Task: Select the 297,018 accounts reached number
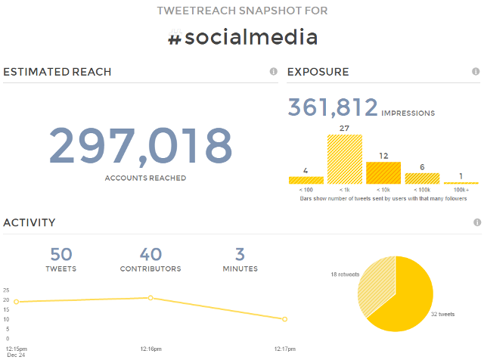tap(141, 146)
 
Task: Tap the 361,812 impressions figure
tap(333, 107)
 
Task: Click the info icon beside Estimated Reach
tap(273, 72)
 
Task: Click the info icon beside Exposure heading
tap(476, 72)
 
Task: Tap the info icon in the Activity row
tap(476, 223)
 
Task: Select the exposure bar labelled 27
tap(345, 160)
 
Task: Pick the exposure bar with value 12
tap(383, 173)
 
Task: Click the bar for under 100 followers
tap(306, 181)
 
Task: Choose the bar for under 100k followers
tap(422, 178)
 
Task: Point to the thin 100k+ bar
tap(461, 183)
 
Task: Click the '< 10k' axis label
tap(383, 190)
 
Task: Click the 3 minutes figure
tap(239, 255)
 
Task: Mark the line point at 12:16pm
tap(150, 298)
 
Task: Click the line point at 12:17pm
tap(284, 319)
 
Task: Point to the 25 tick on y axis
tap(6, 290)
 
